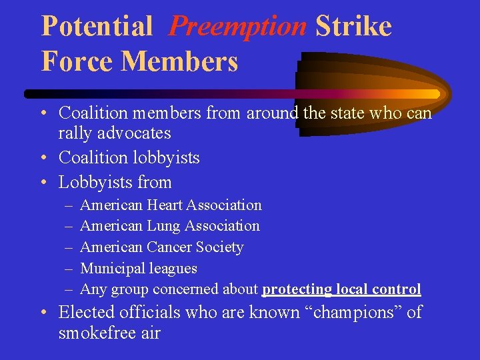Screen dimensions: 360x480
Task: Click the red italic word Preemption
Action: click(x=237, y=27)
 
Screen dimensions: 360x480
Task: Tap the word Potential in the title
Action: click(x=97, y=27)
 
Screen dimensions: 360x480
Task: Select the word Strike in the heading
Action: click(x=353, y=27)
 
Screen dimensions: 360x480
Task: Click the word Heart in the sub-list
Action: click(x=164, y=205)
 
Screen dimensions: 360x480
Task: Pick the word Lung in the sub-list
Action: click(x=163, y=226)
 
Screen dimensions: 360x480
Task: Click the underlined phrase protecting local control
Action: click(x=341, y=289)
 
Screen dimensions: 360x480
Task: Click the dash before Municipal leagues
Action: click(x=69, y=269)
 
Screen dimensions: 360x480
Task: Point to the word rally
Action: click(x=75, y=133)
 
